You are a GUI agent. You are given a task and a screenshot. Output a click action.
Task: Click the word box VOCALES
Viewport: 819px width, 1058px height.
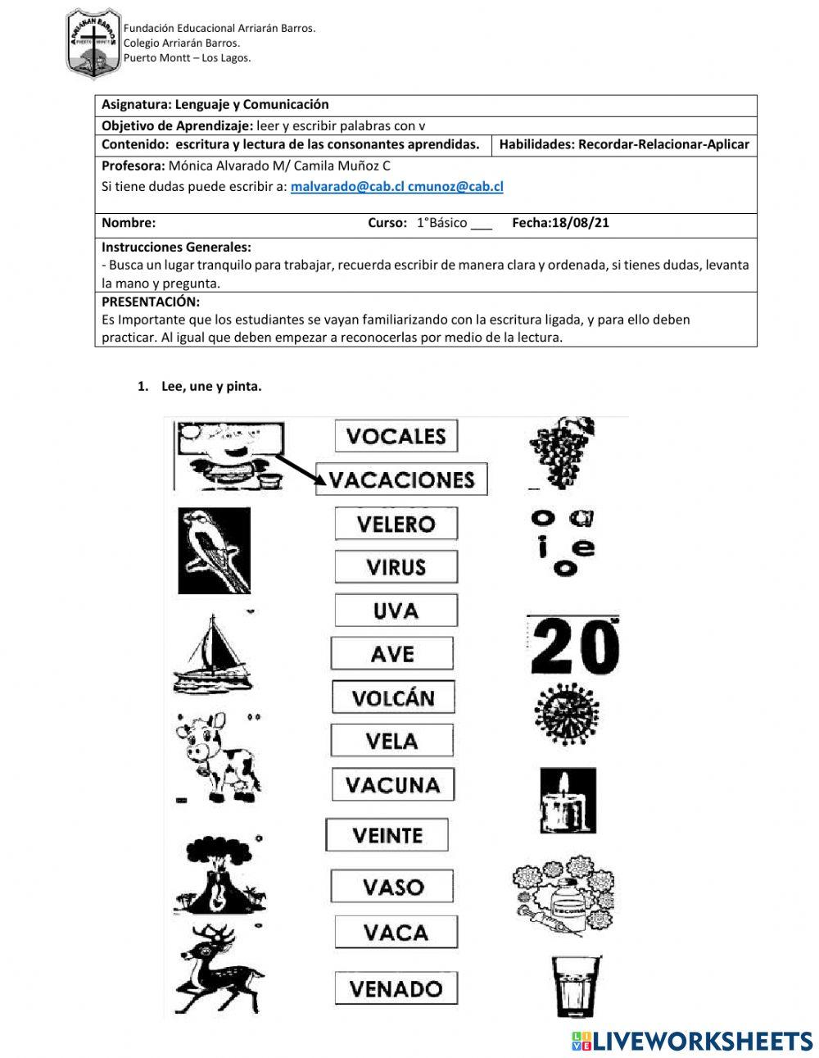[x=396, y=436]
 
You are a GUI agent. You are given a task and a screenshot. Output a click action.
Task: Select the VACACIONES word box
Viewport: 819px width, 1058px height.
[x=401, y=479]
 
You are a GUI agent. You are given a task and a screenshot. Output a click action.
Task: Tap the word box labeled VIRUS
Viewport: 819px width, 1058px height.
[x=396, y=567]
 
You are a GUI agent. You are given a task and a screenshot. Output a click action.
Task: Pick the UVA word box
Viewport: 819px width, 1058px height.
[x=396, y=611]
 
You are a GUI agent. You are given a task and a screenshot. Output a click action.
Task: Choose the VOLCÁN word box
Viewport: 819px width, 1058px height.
[x=393, y=698]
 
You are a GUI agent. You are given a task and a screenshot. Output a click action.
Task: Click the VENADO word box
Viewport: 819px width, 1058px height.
[x=396, y=988]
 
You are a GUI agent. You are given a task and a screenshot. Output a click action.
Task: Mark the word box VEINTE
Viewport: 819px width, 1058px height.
[x=387, y=836]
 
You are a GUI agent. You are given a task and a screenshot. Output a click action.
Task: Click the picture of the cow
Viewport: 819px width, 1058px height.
[x=215, y=756]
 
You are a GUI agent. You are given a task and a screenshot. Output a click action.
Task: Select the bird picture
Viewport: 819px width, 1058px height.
[x=214, y=550]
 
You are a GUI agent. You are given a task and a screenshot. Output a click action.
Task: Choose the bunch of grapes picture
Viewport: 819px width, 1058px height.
[x=560, y=452]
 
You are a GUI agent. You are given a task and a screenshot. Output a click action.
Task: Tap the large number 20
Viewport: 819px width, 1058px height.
[x=572, y=646]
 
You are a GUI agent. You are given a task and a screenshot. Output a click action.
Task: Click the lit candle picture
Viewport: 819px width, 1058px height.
[x=562, y=801]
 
